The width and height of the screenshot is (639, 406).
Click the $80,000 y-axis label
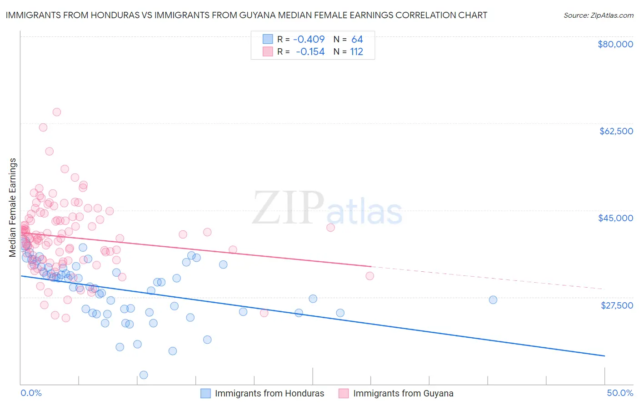615,44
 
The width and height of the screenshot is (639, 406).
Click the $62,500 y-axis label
616,131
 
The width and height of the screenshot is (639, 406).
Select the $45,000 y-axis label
616,218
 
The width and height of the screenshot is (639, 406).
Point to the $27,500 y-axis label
617,305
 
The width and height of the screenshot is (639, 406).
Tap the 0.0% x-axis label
31,393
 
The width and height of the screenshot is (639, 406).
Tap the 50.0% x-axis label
620,393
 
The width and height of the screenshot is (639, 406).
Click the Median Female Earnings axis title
13,208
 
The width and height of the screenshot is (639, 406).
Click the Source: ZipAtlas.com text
599,15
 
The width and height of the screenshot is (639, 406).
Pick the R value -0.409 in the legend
309,39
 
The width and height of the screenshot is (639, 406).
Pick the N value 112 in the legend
356,51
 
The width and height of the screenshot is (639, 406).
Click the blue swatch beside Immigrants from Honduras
206,393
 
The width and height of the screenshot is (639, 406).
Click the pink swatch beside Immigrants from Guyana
344,393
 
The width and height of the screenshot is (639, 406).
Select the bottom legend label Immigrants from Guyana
403,393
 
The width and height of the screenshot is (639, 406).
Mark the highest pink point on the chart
57,112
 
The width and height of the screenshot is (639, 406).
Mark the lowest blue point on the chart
144,375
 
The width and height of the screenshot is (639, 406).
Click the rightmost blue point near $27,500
493,299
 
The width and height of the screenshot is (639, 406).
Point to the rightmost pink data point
370,276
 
